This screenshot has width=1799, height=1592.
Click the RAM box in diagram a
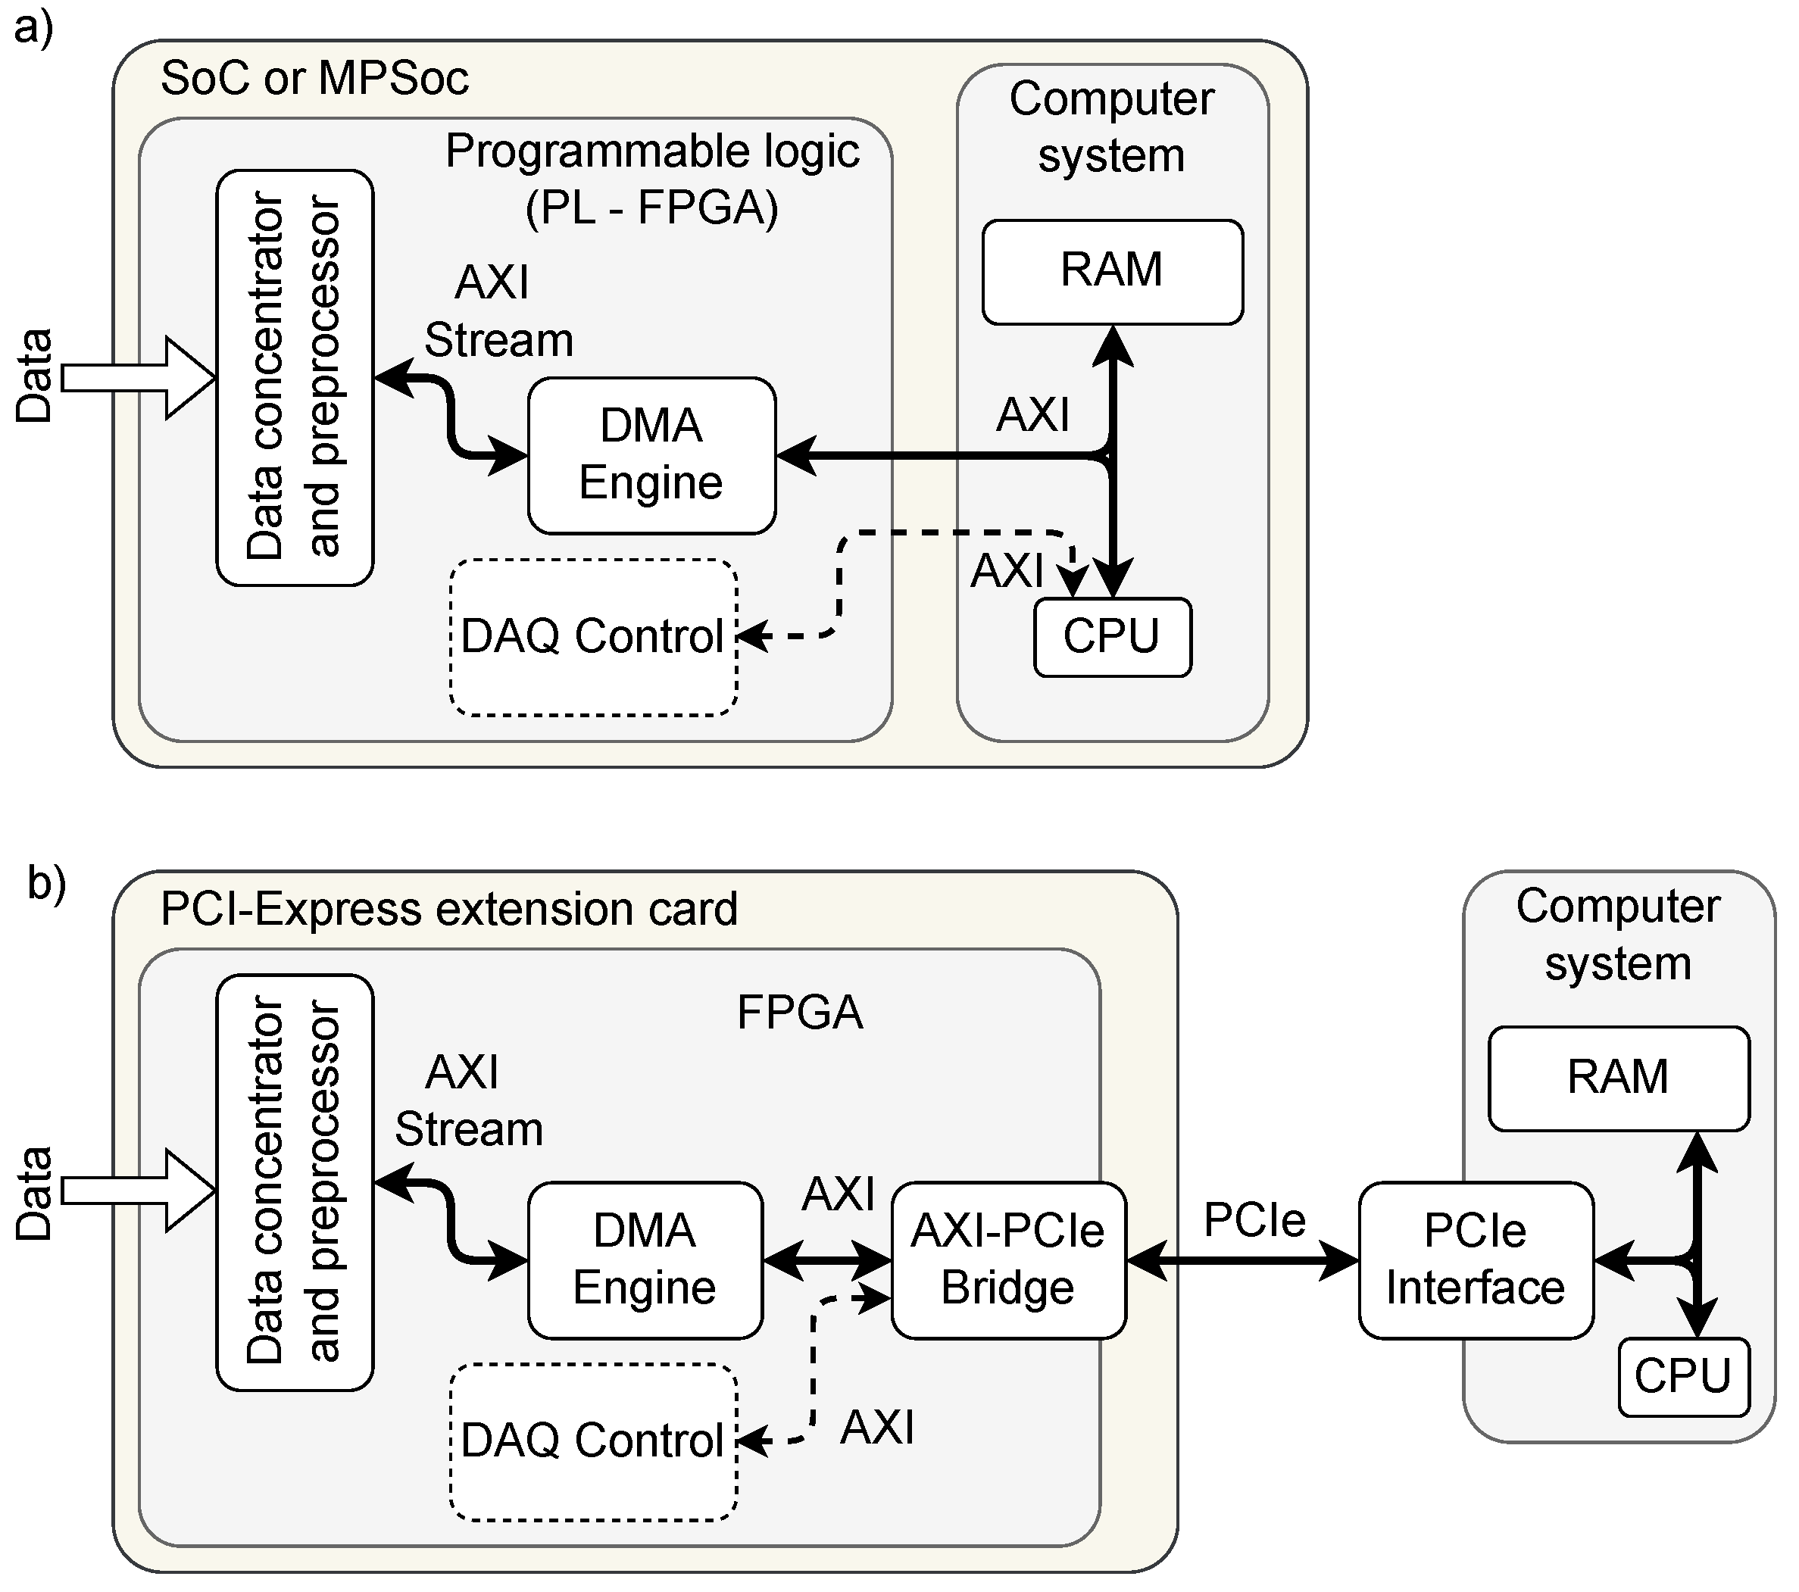[1112, 272]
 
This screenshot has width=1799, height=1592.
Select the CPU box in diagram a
[1112, 637]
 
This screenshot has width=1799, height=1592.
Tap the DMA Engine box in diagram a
[651, 455]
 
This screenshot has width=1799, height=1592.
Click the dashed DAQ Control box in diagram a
[593, 637]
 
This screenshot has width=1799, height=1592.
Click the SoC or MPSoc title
[314, 78]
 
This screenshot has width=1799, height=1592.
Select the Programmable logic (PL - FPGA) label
[651, 179]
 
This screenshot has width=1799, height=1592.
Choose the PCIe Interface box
[1476, 1260]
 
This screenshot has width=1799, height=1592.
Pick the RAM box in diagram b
[1618, 1077]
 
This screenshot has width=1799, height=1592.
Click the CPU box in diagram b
[1683, 1376]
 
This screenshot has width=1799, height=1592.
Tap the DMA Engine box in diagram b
[645, 1260]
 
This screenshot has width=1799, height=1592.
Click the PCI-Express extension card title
[449, 909]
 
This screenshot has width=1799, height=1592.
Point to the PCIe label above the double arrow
[1254, 1219]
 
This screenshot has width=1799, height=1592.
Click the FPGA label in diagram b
[799, 1012]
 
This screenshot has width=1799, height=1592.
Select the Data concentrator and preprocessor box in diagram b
[295, 1182]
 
